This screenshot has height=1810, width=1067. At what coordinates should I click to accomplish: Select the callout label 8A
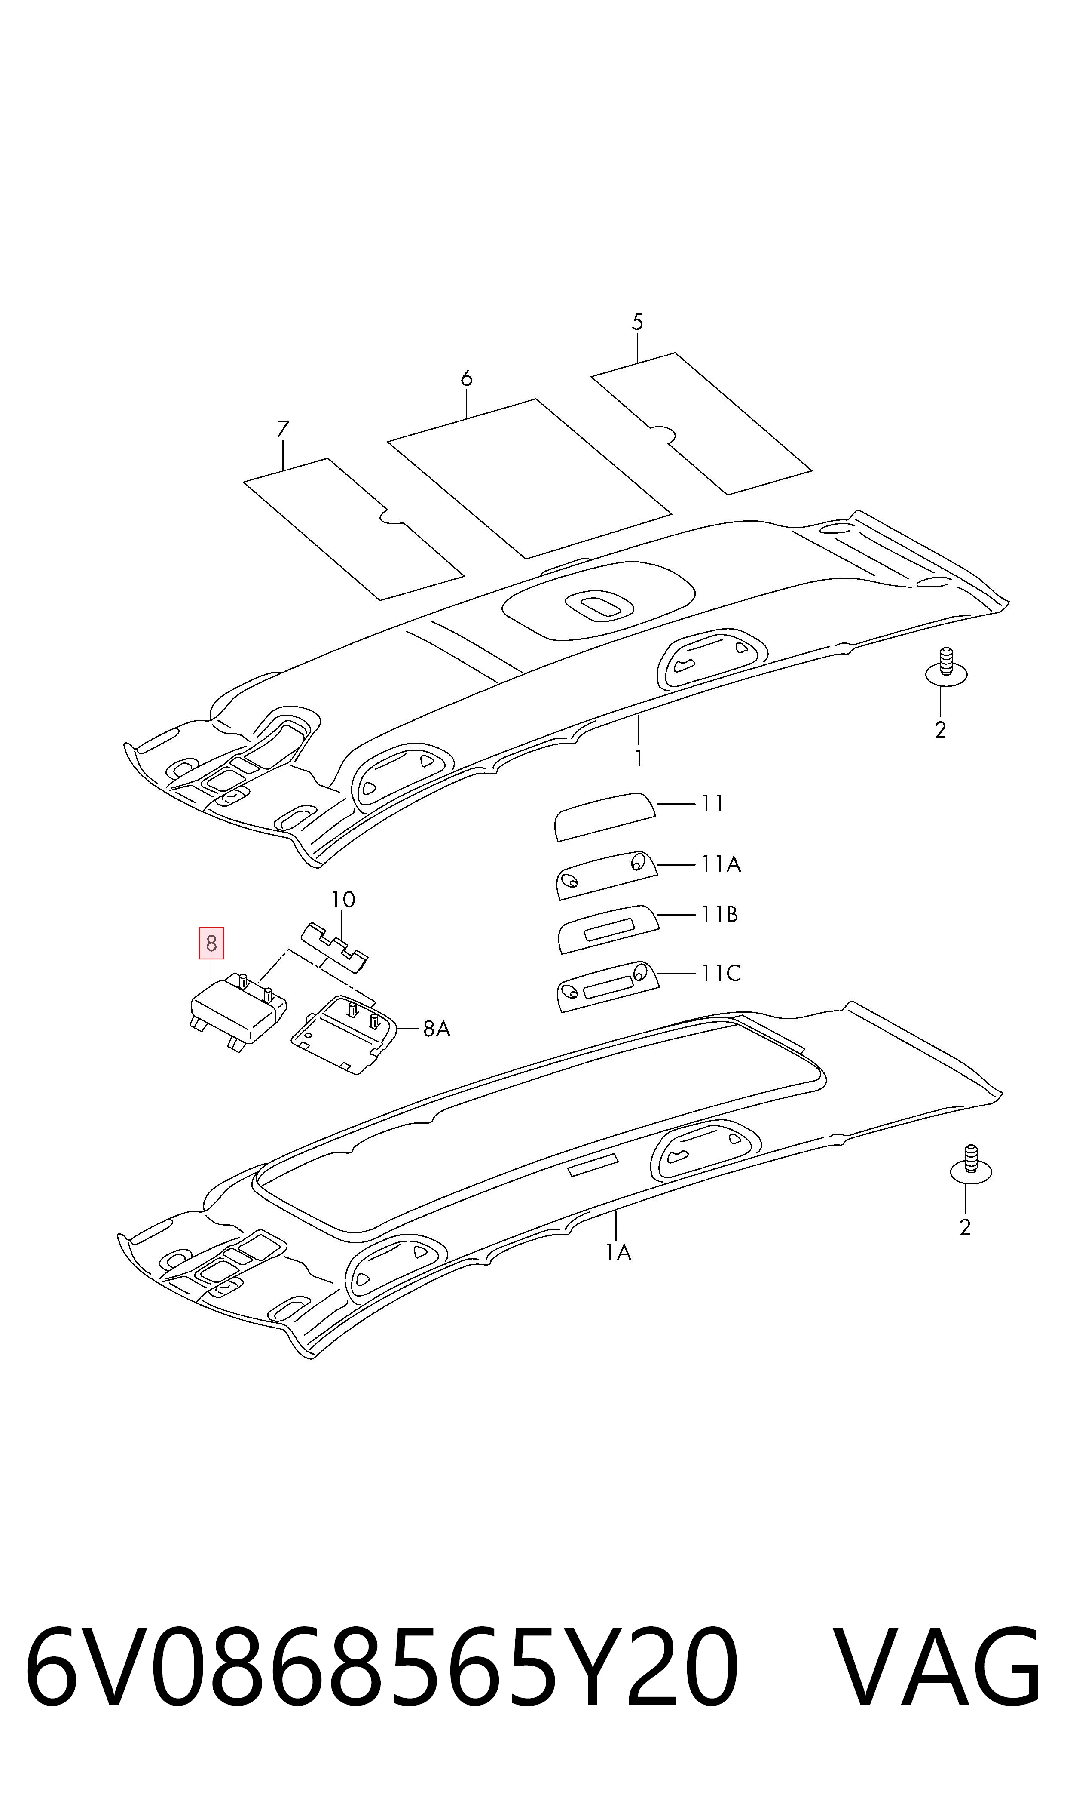(x=437, y=1029)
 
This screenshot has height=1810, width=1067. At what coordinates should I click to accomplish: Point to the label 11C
(x=721, y=973)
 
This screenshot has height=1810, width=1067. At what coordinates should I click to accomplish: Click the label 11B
(x=720, y=914)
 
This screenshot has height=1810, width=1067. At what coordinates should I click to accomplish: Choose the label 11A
(x=721, y=863)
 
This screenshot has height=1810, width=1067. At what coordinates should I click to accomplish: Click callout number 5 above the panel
(x=637, y=322)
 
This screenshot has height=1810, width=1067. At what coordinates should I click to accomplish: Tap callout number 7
(x=283, y=429)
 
